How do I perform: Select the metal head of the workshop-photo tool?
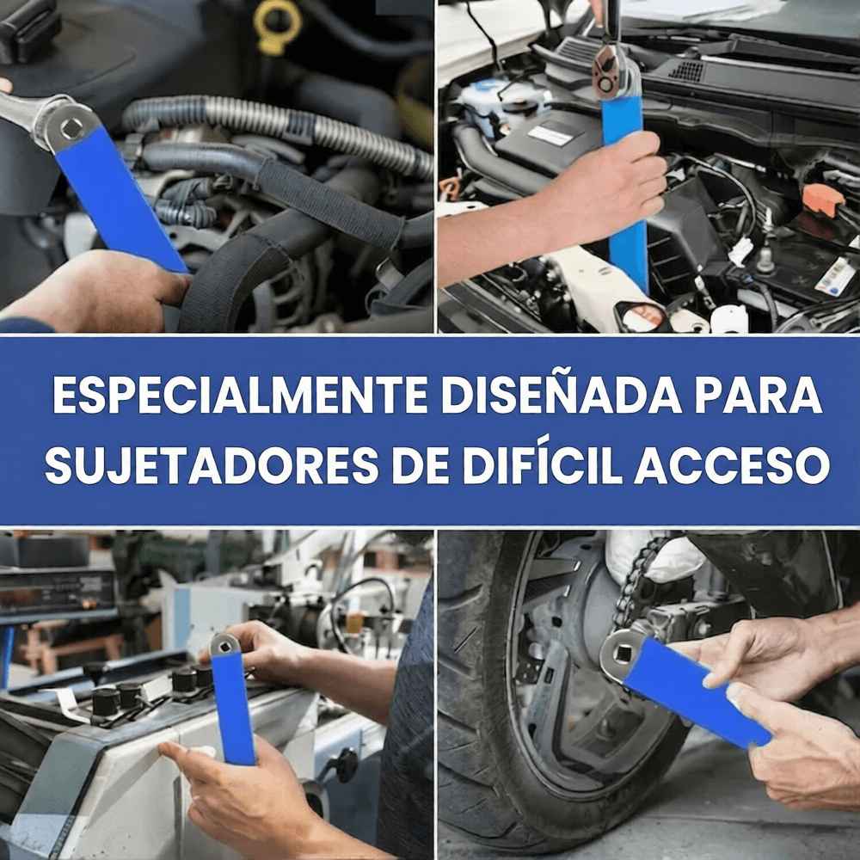click(x=226, y=643)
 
